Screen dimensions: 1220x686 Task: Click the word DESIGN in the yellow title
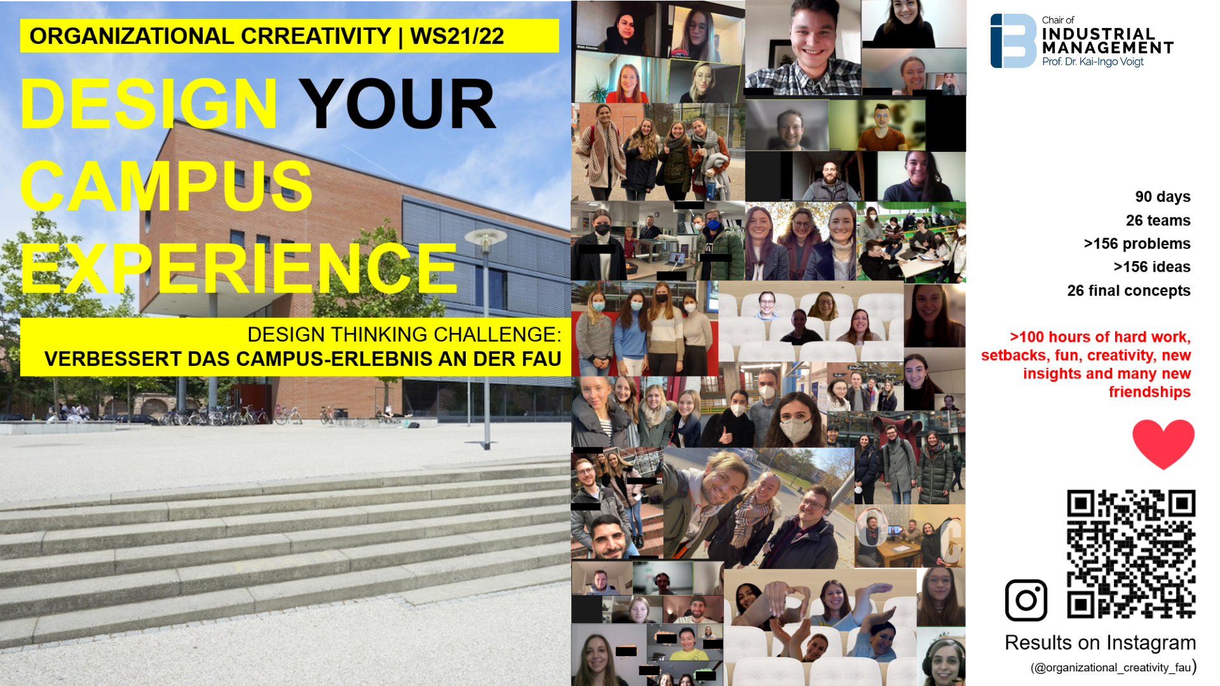pos(149,104)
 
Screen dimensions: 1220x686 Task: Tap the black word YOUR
pos(397,104)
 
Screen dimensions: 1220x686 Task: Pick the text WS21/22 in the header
pos(457,36)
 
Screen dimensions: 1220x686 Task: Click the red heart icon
pos(1163,444)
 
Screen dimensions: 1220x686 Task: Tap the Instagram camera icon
pos(1026,600)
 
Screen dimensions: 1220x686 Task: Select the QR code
pos(1131,554)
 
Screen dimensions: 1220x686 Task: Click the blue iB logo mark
pos(1013,41)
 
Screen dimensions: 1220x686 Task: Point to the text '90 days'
pos(1163,197)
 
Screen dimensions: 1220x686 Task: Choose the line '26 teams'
pos(1158,220)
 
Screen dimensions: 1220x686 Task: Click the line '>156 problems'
pos(1137,244)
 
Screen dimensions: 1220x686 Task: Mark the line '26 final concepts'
pos(1129,291)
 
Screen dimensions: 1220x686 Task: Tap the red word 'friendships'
pos(1149,392)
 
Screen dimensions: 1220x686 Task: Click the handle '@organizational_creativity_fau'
pos(1112,668)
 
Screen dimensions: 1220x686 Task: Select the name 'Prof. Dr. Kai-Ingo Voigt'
pos(1093,62)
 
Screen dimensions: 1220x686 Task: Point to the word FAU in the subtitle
pos(541,359)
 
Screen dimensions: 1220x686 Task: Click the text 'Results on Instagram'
pos(1101,643)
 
